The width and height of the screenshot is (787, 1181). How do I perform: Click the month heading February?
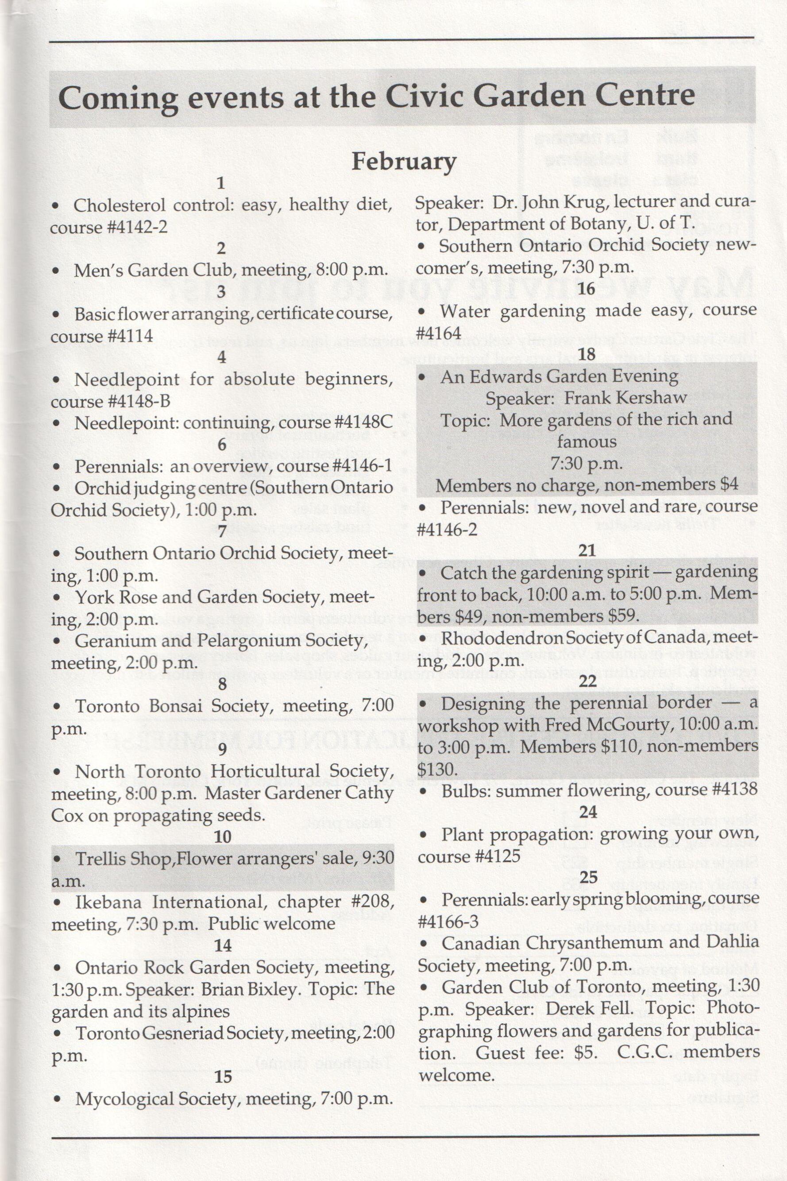pos(404,162)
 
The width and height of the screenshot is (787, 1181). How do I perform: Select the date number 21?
pos(587,550)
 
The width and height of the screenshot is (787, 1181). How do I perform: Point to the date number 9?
pos(222,749)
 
